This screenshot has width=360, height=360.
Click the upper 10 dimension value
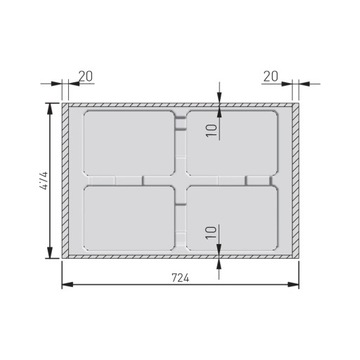pyautogui.click(x=210, y=128)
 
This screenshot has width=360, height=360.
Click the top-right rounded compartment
pyautogui.click(x=233, y=143)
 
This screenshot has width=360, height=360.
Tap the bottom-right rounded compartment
pyautogui.click(x=233, y=217)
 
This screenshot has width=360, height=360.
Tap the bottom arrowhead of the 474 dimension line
pyautogui.click(x=51, y=255)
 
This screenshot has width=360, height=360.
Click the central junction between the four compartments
pyautogui.click(x=181, y=180)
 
